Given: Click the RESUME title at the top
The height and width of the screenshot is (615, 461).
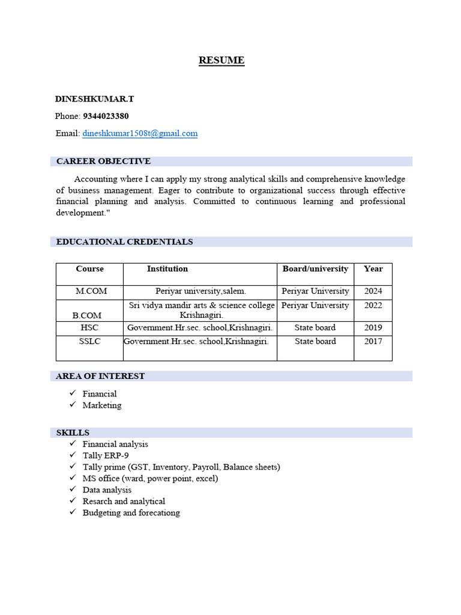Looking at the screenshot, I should click(221, 60).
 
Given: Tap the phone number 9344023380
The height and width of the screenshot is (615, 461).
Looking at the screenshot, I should click(106, 116).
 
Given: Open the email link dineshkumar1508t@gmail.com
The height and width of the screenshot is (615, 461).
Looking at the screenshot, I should click(140, 133).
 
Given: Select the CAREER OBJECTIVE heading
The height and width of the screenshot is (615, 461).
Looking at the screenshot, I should click(103, 162).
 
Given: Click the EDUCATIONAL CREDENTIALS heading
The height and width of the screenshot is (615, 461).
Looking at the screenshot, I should click(124, 242).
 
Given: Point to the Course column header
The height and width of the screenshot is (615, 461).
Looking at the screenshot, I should click(89, 269).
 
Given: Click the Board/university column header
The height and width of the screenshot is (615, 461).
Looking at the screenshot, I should click(315, 269).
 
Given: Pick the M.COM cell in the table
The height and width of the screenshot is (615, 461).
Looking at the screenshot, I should click(91, 291).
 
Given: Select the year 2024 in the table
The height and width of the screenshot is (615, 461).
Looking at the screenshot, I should click(373, 291).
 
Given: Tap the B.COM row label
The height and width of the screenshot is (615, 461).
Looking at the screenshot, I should click(87, 315).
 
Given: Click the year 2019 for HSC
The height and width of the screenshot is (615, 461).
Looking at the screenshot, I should click(373, 328).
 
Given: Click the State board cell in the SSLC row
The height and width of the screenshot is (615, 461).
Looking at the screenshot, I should click(315, 342).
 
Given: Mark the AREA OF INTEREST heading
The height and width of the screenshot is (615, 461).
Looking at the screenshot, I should click(100, 377).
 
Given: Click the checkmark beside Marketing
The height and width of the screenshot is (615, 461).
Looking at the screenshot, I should click(72, 405).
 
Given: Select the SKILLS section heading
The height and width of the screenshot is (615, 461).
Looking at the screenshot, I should click(73, 433).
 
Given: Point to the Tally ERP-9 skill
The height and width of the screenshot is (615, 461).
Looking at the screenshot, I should click(105, 456).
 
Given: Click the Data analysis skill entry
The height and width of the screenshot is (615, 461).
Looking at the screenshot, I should click(107, 490).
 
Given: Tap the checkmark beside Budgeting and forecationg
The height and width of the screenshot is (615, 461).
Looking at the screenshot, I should click(72, 513).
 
